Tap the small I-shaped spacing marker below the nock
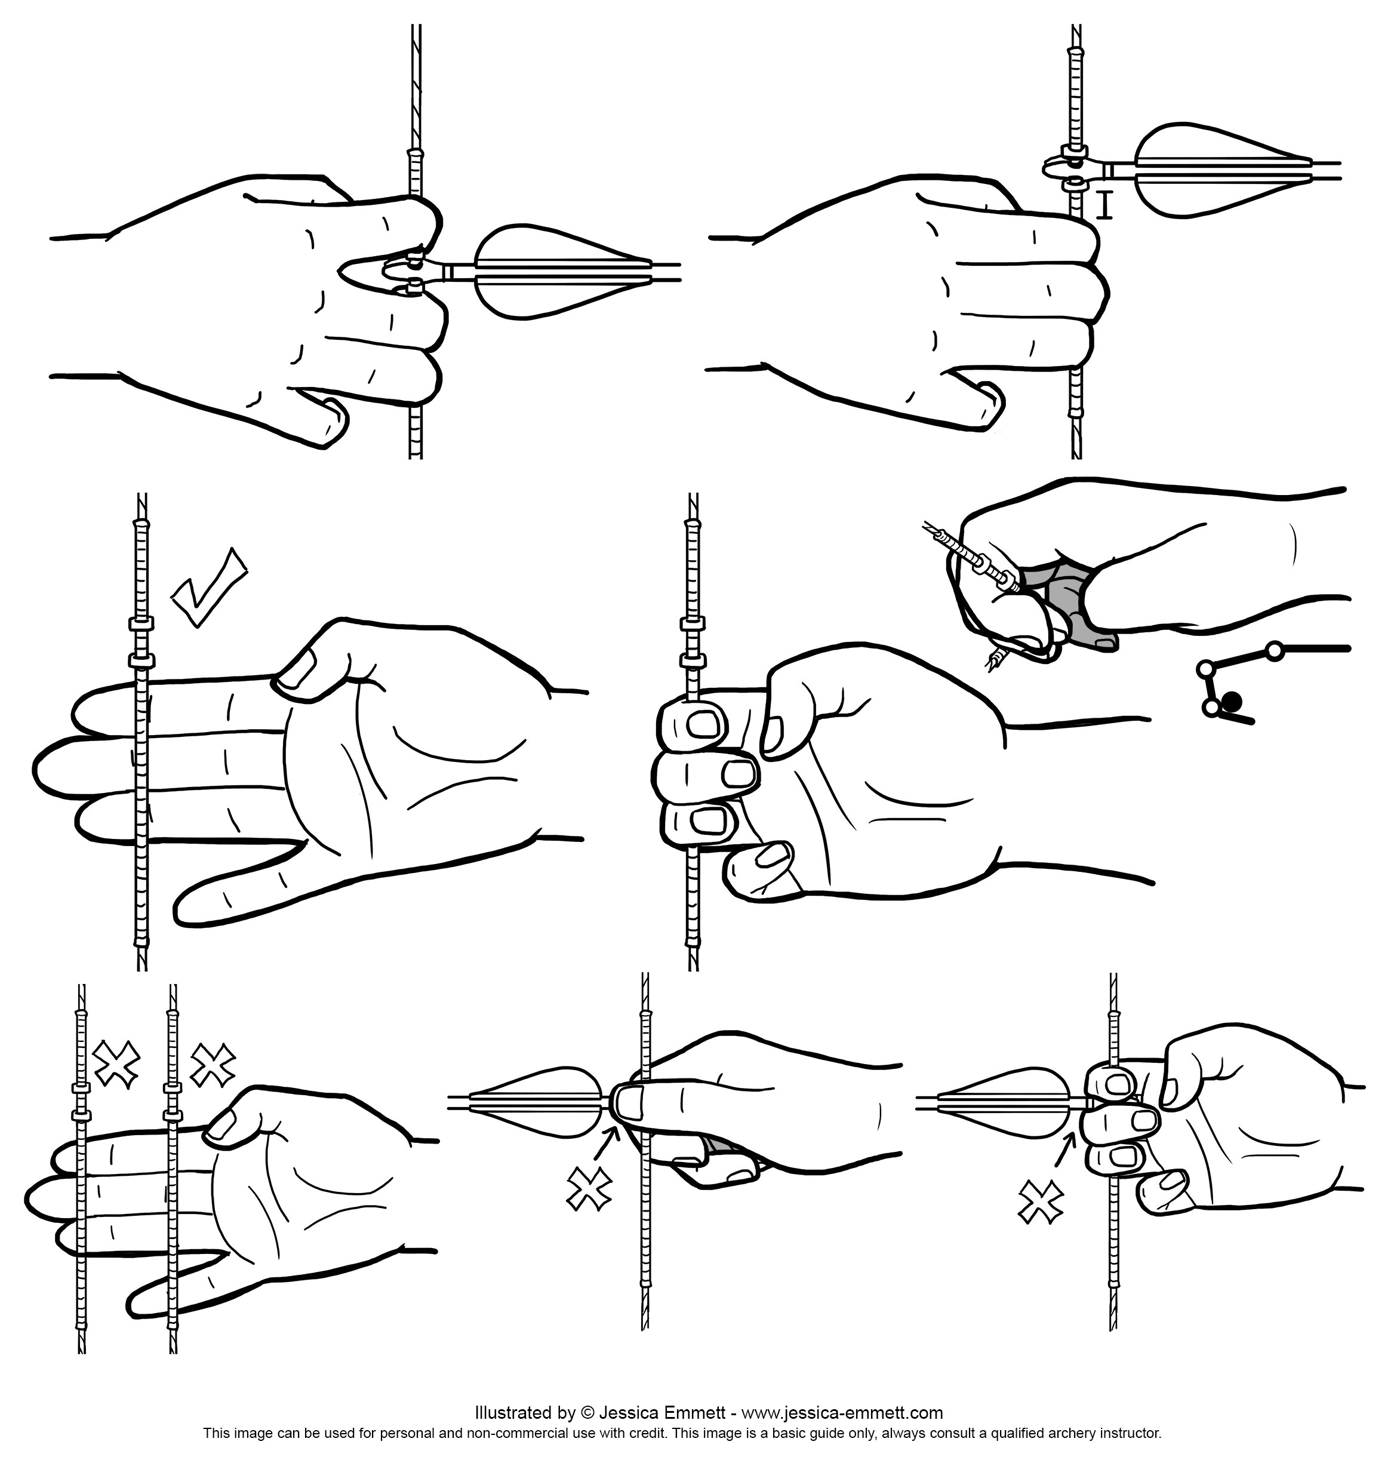pos(1106,204)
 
